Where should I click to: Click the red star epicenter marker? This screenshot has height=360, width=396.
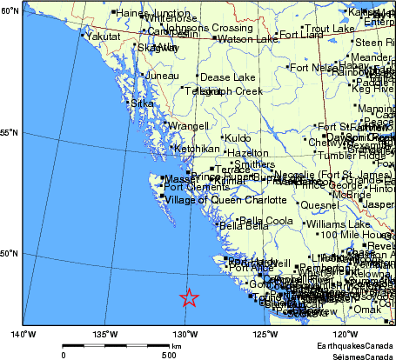[x=190, y=298]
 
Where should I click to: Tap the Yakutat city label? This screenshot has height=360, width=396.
[x=103, y=37]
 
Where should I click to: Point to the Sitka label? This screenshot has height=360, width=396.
[x=142, y=103]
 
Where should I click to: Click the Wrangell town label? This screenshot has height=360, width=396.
[x=188, y=126]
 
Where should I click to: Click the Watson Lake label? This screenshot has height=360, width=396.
[x=247, y=39]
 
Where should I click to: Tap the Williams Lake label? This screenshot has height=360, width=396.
[x=339, y=223]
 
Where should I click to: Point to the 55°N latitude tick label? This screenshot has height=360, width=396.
[x=10, y=133]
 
